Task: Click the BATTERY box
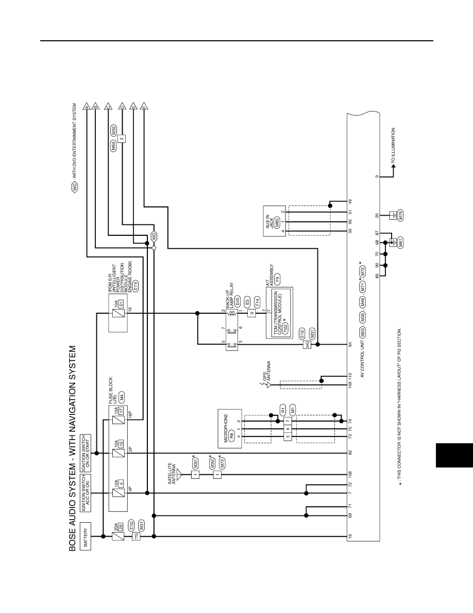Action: [86, 536]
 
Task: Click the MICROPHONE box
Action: [230, 428]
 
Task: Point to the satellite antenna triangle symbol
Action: [179, 474]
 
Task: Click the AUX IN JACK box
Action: [275, 221]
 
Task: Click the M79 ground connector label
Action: [400, 215]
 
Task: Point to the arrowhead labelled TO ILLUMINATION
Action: [393, 165]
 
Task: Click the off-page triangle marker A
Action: [86, 106]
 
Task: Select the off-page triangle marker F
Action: [144, 106]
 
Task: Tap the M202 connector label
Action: [113, 130]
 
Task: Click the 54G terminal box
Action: [307, 344]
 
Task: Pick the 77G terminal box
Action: [136, 536]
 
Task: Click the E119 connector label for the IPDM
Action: [136, 286]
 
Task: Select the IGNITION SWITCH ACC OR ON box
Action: [86, 493]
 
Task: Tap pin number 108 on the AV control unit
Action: [350, 475]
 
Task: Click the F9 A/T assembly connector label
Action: [278, 279]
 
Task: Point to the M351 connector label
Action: [195, 464]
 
